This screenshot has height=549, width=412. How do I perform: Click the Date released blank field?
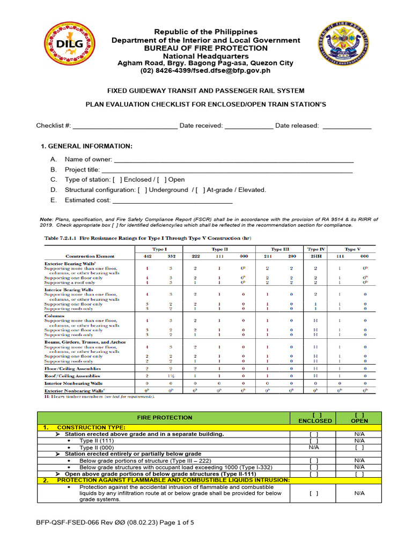click(x=347, y=126)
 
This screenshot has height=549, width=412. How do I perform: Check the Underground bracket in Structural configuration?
click(x=142, y=190)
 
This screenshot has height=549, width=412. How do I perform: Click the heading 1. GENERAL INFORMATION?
click(x=86, y=146)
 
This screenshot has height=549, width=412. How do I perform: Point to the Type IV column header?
click(x=315, y=249)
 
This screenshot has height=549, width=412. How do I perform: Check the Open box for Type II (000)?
click(x=359, y=447)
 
